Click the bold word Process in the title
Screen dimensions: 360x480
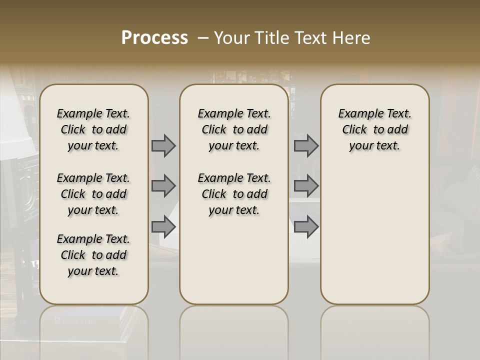click(x=154, y=38)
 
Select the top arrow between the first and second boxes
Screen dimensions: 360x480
click(x=163, y=145)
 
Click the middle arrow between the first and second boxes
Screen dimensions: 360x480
click(x=163, y=186)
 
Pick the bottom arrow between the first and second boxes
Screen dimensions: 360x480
click(x=163, y=226)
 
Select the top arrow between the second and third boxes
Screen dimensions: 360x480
click(x=306, y=145)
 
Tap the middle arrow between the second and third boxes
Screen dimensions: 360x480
click(x=306, y=186)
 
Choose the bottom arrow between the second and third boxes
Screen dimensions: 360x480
click(x=306, y=226)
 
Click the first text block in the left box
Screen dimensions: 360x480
click(x=93, y=129)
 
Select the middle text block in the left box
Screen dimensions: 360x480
click(x=93, y=194)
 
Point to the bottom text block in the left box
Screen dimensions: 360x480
click(x=93, y=255)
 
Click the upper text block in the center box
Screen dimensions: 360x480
click(x=234, y=129)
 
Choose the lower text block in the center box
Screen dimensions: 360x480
click(x=234, y=194)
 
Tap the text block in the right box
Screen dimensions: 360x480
click(x=375, y=129)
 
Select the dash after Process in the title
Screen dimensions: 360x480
click(x=203, y=38)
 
